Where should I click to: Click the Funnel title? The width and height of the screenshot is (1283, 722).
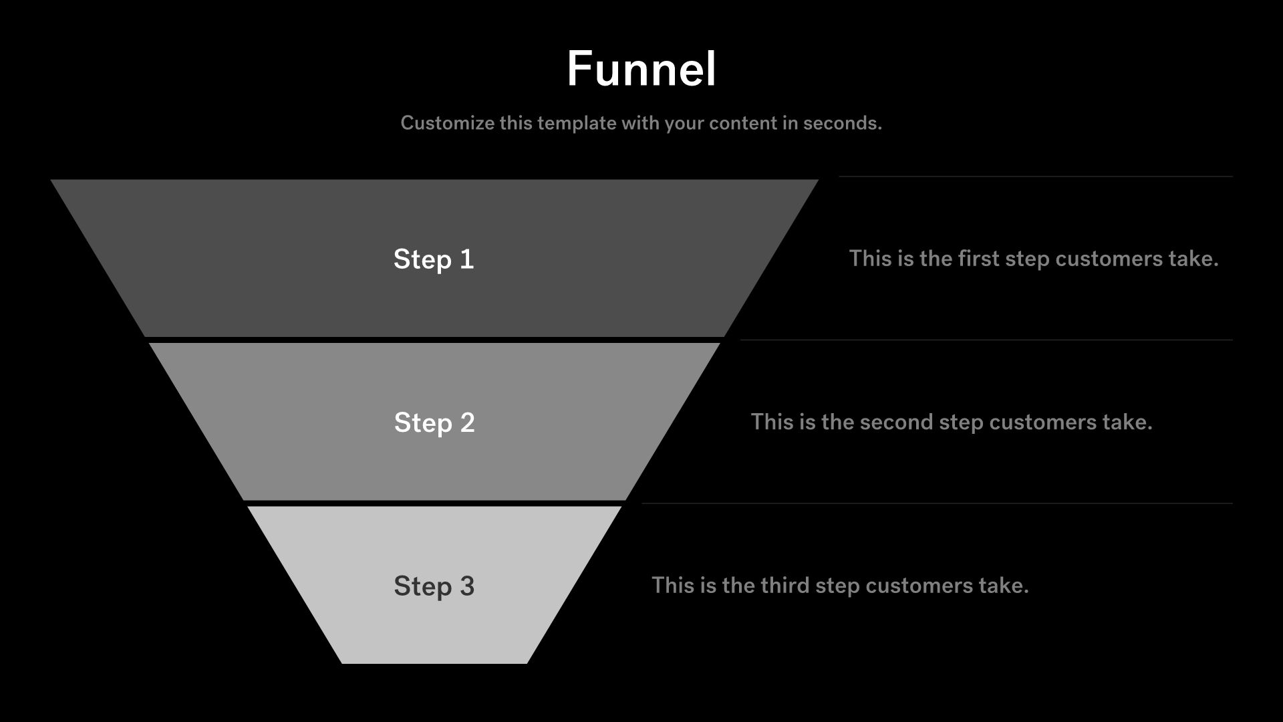[x=641, y=69]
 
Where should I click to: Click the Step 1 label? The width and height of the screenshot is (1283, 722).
[x=434, y=259]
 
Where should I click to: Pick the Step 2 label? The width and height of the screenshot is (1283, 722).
[x=434, y=423]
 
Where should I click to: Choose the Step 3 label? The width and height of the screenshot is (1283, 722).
[x=434, y=586]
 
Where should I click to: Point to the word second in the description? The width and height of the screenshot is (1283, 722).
[x=895, y=422]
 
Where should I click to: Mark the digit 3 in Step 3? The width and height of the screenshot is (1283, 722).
[x=467, y=586]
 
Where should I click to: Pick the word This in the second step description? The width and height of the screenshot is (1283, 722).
[x=770, y=422]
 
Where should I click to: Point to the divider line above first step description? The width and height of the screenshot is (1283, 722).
[x=1035, y=176]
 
